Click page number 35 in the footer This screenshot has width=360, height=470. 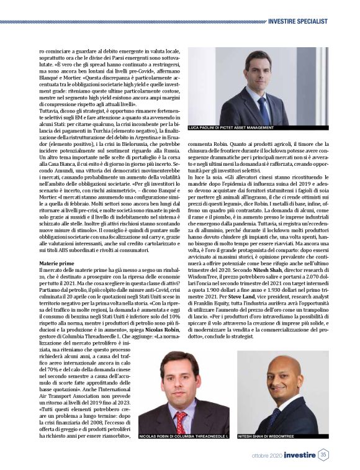323,455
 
